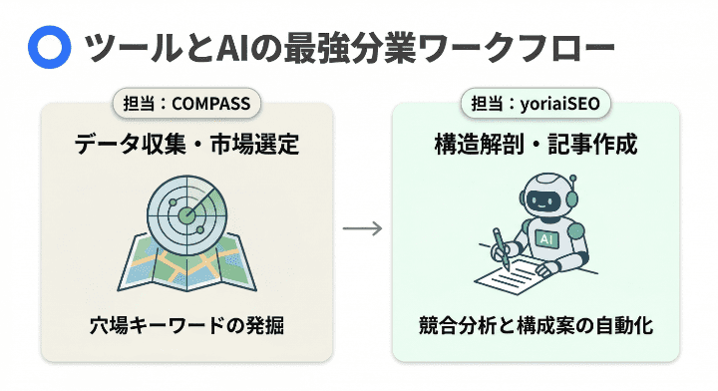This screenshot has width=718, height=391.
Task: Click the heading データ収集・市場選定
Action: pos(186,146)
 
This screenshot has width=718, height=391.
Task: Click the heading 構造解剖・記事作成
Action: pos(537,146)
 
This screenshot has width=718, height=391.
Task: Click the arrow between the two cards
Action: pos(362,227)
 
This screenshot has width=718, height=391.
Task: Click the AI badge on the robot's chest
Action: pos(547,239)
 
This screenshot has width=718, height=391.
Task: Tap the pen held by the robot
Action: pos(500,249)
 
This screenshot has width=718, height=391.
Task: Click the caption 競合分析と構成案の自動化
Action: pos(537,326)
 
